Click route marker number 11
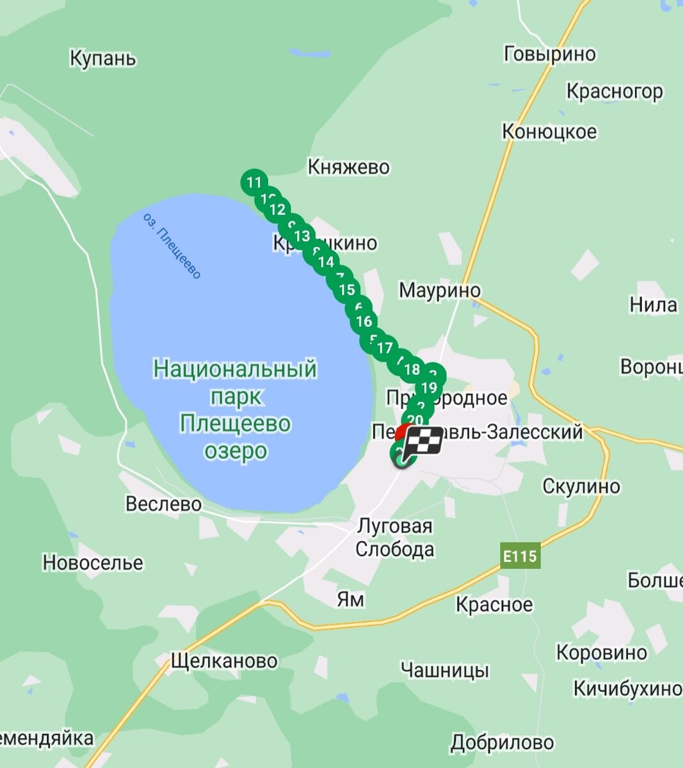pyautogui.click(x=254, y=182)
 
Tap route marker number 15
pyautogui.click(x=346, y=290)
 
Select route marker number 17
pyautogui.click(x=384, y=348)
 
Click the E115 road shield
pyautogui.click(x=519, y=556)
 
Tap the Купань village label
pyautogui.click(x=102, y=59)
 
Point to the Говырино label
pyautogui.click(x=550, y=54)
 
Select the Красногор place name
pyautogui.click(x=615, y=92)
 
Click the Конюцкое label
pyautogui.click(x=549, y=132)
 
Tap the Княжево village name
pyautogui.click(x=348, y=167)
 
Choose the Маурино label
pyautogui.click(x=440, y=290)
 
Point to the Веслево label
pyautogui.click(x=163, y=504)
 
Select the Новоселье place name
pyautogui.click(x=93, y=563)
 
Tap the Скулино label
pyautogui.click(x=581, y=486)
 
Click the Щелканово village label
pyautogui.click(x=224, y=660)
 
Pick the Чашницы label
pyautogui.click(x=445, y=670)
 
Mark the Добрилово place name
pyautogui.click(x=502, y=743)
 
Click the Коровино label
pyautogui.click(x=602, y=653)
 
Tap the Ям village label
pyautogui.click(x=350, y=599)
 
